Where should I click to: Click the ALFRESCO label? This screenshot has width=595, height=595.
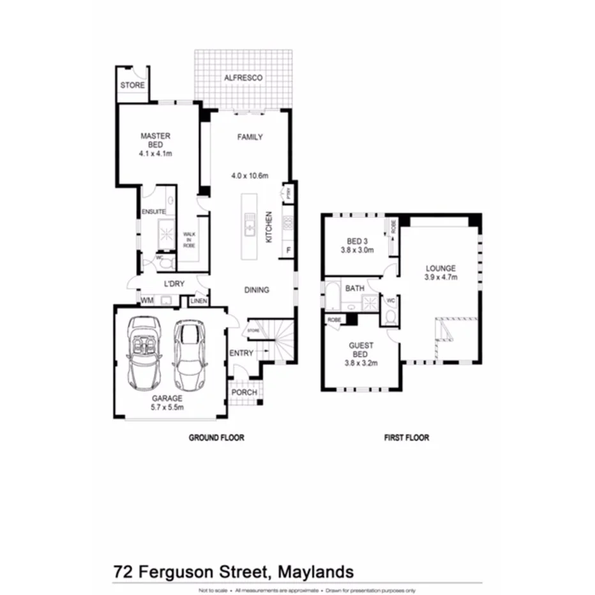[243, 78]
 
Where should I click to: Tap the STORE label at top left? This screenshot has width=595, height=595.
[133, 86]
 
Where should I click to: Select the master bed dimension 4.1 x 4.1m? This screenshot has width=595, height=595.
[156, 154]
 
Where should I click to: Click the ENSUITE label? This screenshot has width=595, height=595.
[154, 211]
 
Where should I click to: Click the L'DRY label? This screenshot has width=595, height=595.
[174, 283]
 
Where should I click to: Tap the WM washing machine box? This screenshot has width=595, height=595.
[147, 299]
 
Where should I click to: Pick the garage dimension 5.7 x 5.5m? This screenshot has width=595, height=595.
[167, 407]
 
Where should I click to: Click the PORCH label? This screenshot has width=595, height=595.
[243, 392]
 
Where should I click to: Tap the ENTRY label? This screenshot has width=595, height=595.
[241, 353]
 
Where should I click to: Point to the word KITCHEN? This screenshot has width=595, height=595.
[269, 227]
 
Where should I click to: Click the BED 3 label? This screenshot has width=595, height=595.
[358, 241]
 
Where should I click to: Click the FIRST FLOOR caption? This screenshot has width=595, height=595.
[406, 438]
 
